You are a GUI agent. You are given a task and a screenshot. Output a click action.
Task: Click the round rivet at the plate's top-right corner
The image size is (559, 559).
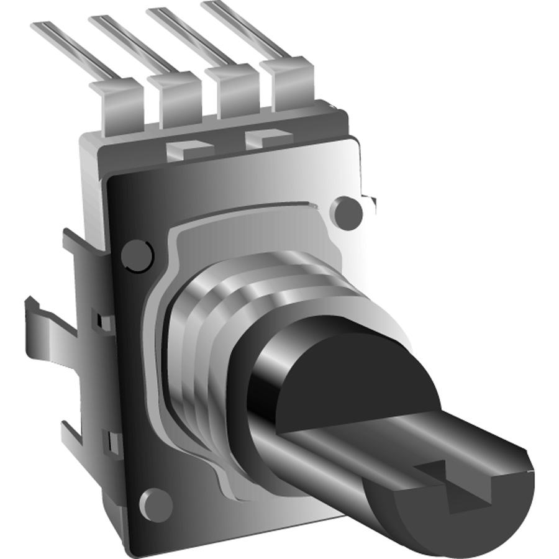tap(348, 212)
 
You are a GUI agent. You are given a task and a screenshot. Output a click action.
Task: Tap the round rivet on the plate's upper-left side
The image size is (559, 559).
tap(136, 255)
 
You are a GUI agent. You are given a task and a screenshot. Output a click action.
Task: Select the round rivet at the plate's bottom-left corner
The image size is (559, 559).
tap(155, 504)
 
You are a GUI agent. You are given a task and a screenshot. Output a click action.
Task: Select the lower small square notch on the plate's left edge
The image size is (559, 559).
tap(112, 442)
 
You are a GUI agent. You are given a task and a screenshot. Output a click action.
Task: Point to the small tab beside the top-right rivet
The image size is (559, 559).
tap(371, 201)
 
